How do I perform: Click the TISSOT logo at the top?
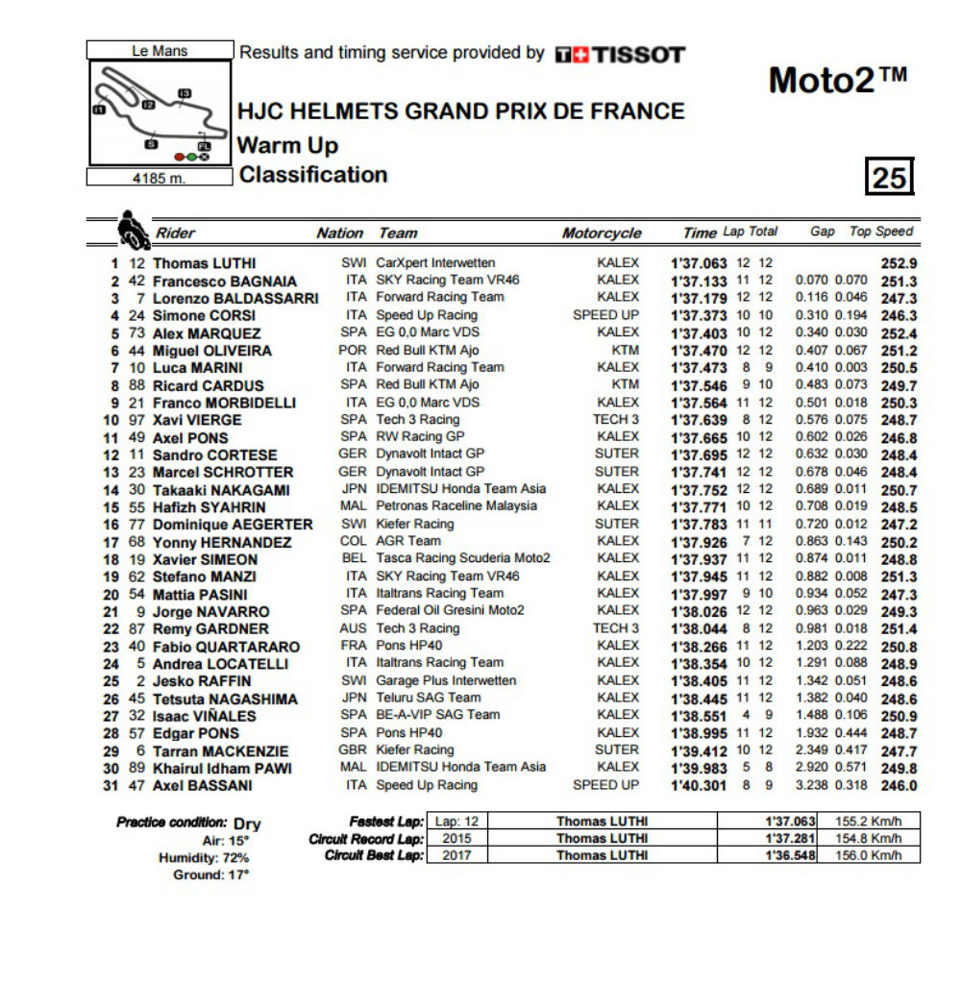(x=620, y=55)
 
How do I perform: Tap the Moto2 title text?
(x=837, y=81)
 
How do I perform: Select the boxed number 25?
(x=889, y=178)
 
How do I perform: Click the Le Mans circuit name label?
(x=160, y=51)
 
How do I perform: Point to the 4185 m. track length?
(x=160, y=178)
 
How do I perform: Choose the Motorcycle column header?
(x=602, y=234)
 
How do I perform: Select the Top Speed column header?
(x=881, y=232)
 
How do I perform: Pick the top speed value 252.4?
(x=899, y=333)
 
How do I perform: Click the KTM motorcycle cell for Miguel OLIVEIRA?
(x=625, y=350)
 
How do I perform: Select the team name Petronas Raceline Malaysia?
(x=456, y=505)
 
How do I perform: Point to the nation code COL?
(x=354, y=541)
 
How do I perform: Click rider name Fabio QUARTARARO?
(x=226, y=647)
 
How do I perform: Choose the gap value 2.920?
(x=812, y=767)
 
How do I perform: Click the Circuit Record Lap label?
(x=366, y=839)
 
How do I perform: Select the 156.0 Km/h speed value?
(x=869, y=855)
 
